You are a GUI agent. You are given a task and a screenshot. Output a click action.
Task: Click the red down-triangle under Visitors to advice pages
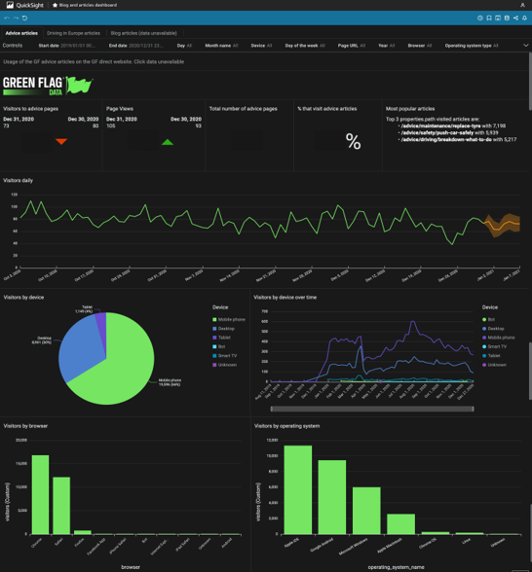tap(60, 142)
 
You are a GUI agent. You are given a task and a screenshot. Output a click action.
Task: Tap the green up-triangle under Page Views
tap(168, 142)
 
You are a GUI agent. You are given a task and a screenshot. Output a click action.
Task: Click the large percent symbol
tap(353, 143)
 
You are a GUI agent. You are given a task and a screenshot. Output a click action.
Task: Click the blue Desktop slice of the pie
tap(78, 346)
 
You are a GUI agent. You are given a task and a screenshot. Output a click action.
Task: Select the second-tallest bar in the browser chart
tap(61, 505)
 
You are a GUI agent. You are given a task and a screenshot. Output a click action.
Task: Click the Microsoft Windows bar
tap(366, 510)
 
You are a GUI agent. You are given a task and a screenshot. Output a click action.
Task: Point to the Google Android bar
tap(332, 496)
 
